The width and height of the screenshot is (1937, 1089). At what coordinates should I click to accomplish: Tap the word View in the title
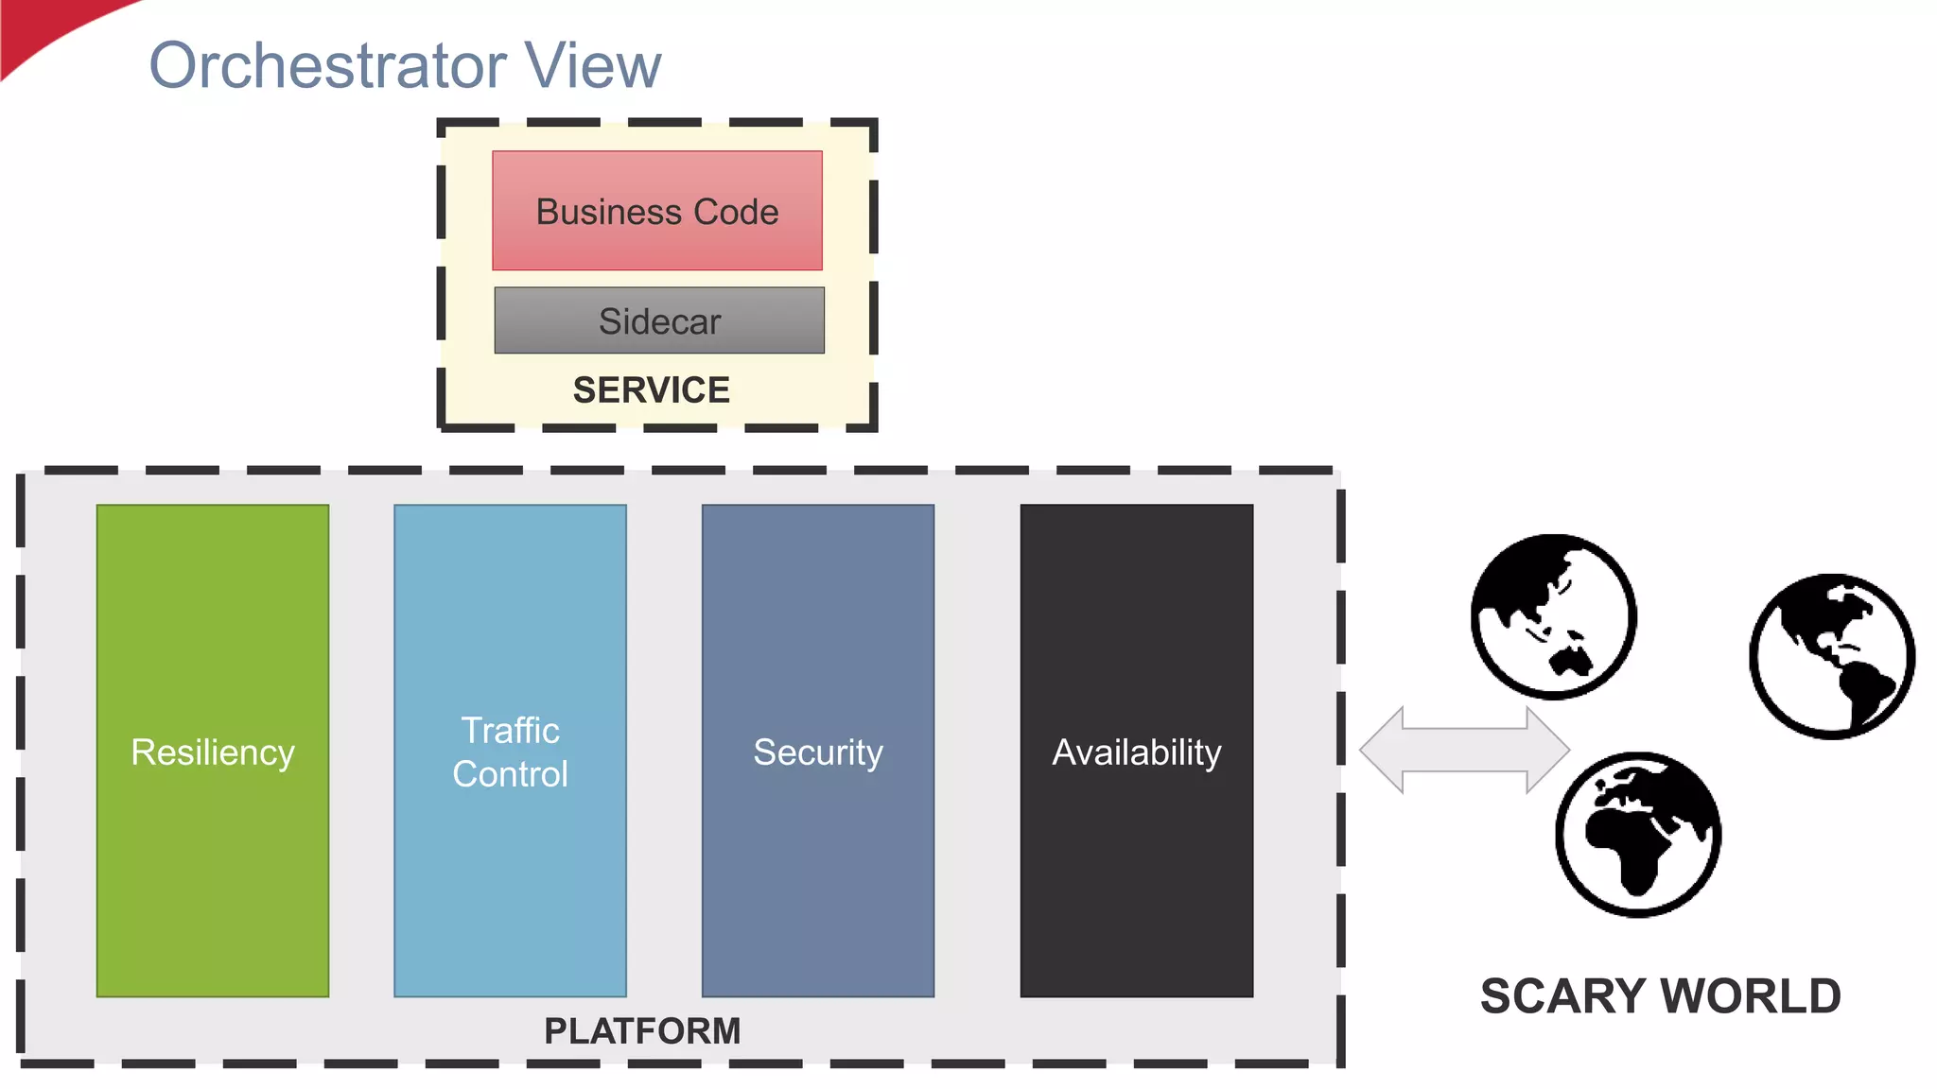593,66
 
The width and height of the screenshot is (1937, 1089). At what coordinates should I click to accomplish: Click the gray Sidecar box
659,321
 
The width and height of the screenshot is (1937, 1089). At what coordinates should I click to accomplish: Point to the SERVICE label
652,390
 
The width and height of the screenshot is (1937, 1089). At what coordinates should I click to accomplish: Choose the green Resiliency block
213,752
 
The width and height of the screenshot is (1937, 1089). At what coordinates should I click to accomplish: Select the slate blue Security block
817,752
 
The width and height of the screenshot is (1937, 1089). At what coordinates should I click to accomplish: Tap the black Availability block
1136,752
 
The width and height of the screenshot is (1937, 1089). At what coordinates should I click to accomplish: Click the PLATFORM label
642,1031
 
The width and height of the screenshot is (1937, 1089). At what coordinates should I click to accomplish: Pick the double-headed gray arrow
1464,750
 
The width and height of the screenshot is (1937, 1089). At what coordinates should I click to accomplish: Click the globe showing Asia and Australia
1553,616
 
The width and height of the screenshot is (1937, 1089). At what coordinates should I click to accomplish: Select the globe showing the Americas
1832,656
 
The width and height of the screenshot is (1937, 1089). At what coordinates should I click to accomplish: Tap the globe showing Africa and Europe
1638,834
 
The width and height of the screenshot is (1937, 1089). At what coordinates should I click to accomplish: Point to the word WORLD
1751,996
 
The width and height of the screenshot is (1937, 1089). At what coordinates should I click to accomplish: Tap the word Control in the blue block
510,774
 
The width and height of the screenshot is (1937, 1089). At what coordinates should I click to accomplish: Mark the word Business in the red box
608,213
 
